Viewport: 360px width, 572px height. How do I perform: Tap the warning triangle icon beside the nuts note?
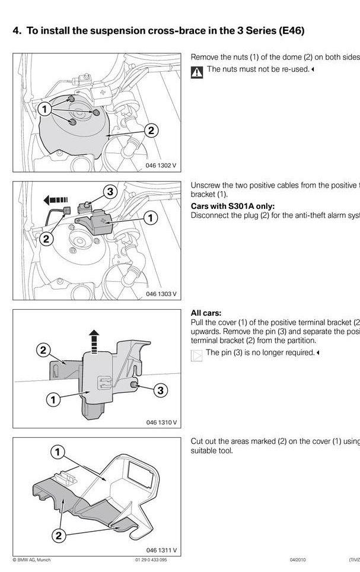tap(196, 72)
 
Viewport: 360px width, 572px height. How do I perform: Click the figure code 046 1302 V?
tap(161, 166)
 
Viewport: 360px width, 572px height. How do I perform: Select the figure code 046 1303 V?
tap(161, 294)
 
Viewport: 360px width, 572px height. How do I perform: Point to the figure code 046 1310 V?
tap(161, 422)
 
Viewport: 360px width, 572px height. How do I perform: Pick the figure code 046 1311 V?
tap(161, 551)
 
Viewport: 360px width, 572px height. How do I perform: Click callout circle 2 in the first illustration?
tap(151, 131)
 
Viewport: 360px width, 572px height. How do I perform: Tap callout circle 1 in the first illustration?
tap(44, 109)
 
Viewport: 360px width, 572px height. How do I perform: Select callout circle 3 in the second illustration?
tap(110, 192)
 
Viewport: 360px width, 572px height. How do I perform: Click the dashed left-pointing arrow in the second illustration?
tap(57, 200)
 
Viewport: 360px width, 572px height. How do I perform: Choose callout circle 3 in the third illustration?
tap(161, 390)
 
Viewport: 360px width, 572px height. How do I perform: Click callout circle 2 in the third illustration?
tap(44, 350)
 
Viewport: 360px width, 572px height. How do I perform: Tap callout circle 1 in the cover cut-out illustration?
tap(58, 453)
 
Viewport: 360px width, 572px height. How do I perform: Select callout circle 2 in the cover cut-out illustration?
tap(58, 536)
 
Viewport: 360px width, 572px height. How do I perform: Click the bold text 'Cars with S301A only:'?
tap(232, 206)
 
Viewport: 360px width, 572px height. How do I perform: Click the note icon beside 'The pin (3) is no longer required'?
tap(196, 355)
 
